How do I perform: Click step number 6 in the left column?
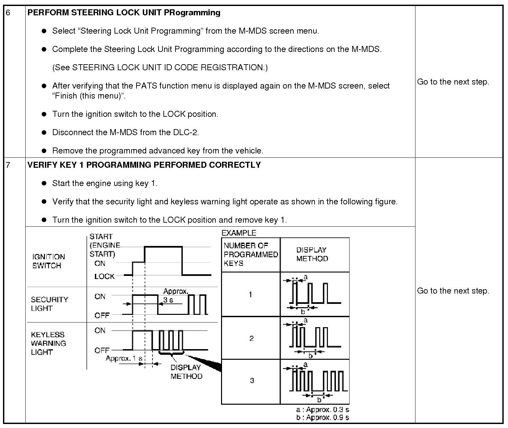coord(8,13)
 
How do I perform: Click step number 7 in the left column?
coord(8,165)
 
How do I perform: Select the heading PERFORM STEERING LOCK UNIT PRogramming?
coord(124,13)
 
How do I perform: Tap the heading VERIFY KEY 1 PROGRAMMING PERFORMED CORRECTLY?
coord(144,165)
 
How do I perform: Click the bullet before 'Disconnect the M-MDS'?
coord(44,132)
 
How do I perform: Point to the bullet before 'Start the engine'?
coord(44,183)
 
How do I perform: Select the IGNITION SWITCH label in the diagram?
coord(48,261)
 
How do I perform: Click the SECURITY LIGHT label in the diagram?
coord(49,304)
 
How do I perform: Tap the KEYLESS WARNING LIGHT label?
coord(48,343)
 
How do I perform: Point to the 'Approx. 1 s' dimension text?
coord(124,358)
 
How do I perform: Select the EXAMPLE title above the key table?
coord(239,233)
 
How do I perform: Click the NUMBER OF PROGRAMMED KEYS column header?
coord(250,254)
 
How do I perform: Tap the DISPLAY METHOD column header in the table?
coord(312,254)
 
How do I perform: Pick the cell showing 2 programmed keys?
coord(251,338)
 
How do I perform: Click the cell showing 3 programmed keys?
coord(252,380)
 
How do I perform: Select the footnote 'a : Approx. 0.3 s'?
coord(322,410)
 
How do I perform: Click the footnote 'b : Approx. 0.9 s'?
coord(322,417)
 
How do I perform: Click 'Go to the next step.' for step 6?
coord(453,82)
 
